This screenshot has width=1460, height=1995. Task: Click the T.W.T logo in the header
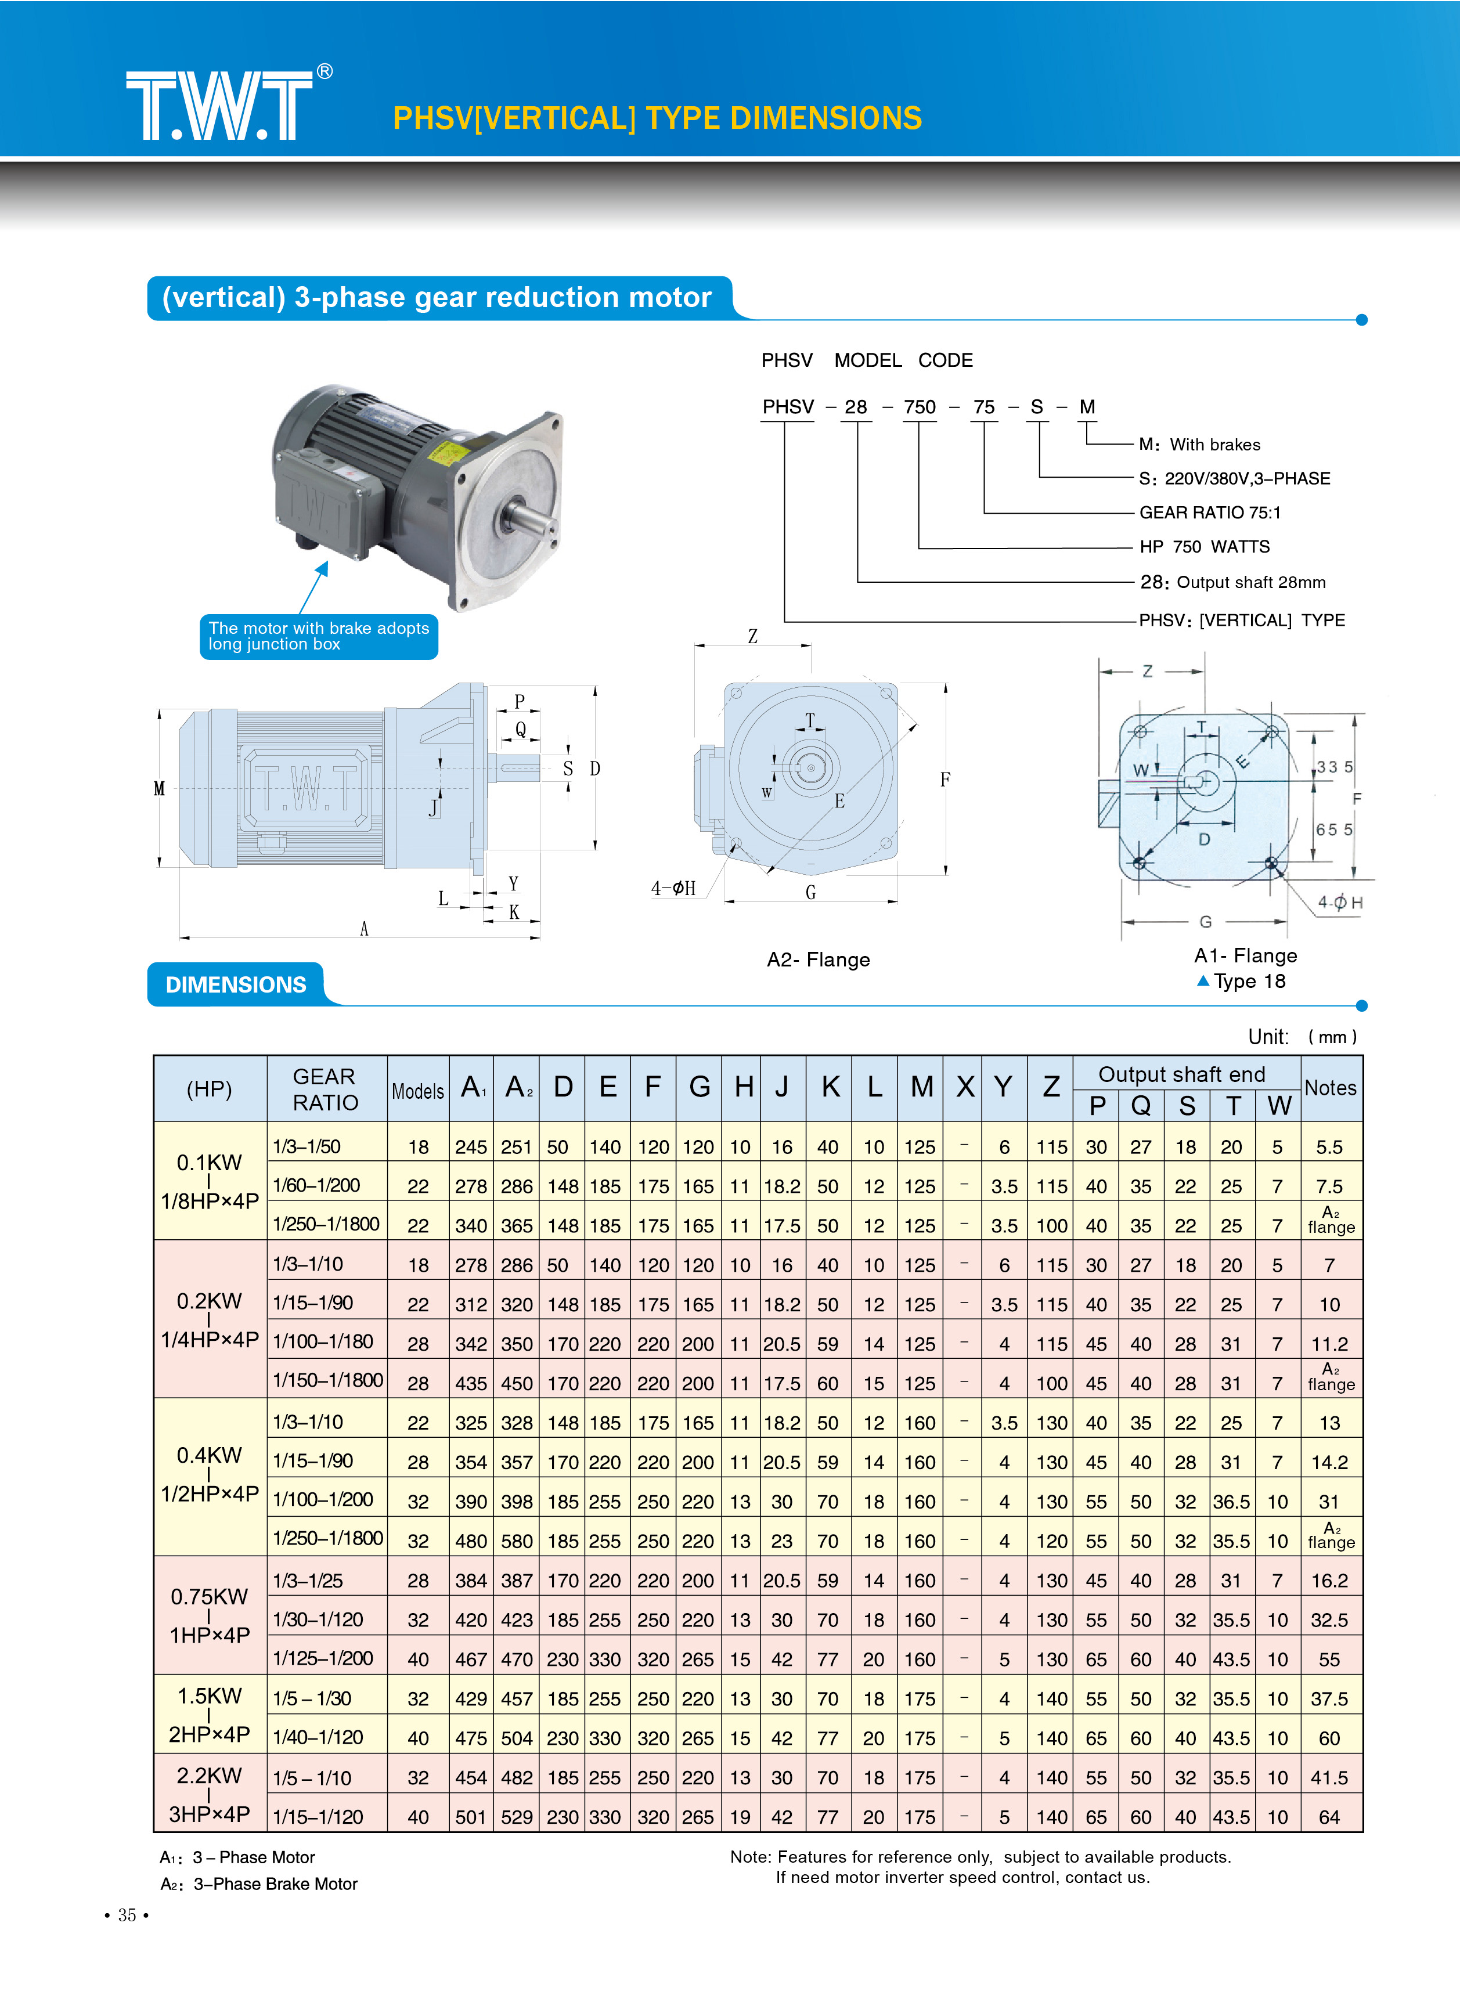(221, 105)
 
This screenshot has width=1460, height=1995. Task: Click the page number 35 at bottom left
(127, 1914)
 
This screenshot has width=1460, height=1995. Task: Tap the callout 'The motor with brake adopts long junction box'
(318, 636)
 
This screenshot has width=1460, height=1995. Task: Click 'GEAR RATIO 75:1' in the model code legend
(1209, 513)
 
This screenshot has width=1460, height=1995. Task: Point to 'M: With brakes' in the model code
(1199, 445)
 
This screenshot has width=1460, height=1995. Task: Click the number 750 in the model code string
(919, 407)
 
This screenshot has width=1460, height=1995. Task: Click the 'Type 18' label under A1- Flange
(1248, 982)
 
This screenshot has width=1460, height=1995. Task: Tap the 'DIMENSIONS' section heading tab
(236, 984)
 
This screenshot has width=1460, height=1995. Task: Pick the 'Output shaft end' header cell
(1181, 1074)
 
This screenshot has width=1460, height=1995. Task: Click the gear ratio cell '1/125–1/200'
(323, 1658)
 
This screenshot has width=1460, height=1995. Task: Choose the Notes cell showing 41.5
(1329, 1778)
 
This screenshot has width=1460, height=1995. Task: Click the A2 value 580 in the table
(517, 1541)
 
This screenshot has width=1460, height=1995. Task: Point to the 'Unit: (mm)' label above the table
(1302, 1036)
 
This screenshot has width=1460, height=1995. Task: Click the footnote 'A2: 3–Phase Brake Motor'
(259, 1884)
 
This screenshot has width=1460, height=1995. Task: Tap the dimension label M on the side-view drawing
(159, 788)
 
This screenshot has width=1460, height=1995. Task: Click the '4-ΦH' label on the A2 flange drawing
(673, 888)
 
